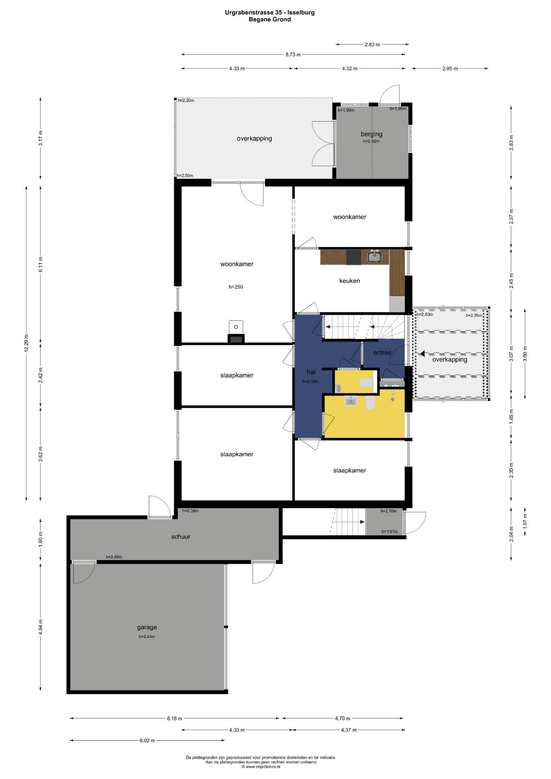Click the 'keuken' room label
349,281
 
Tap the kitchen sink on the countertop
374,256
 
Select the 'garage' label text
147,627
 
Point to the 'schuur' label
181,537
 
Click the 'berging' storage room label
371,134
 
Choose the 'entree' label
382,353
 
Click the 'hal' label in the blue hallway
311,372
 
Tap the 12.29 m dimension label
26,343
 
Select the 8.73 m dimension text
293,54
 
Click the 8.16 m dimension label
174,719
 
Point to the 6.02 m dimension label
147,740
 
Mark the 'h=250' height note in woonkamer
236,287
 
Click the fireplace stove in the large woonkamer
236,333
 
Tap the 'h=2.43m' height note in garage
147,637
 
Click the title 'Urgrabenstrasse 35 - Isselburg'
270,13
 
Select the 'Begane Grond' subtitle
270,19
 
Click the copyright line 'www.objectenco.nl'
261,767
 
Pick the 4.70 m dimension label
342,719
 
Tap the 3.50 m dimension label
525,354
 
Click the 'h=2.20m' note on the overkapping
186,101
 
